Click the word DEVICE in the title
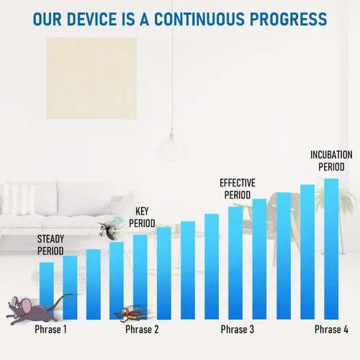click(x=92, y=19)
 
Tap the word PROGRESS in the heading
click(x=288, y=19)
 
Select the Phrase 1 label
click(x=50, y=329)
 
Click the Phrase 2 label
click(x=142, y=329)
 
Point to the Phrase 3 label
click(x=238, y=329)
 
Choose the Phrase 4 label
click(x=331, y=329)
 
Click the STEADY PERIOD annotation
click(x=50, y=245)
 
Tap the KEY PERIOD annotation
click(x=142, y=217)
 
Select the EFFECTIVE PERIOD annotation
click(x=238, y=189)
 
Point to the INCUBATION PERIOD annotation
click(x=331, y=161)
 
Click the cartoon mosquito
click(x=111, y=228)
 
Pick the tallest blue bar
click(x=331, y=249)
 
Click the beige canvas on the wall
click(x=91, y=78)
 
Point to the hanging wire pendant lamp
click(x=171, y=145)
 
